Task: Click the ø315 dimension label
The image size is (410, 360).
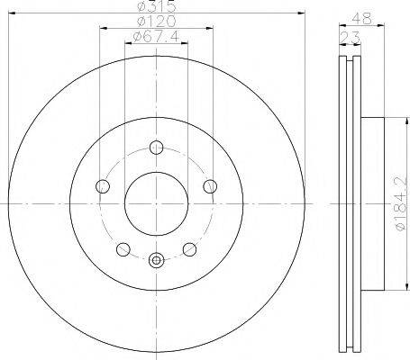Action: point(156,7)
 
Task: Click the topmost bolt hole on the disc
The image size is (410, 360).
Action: point(156,147)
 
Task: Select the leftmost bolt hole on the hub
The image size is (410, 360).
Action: point(101,186)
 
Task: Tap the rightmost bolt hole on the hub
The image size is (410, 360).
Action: point(211,186)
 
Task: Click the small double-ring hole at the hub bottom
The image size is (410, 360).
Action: point(156,261)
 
